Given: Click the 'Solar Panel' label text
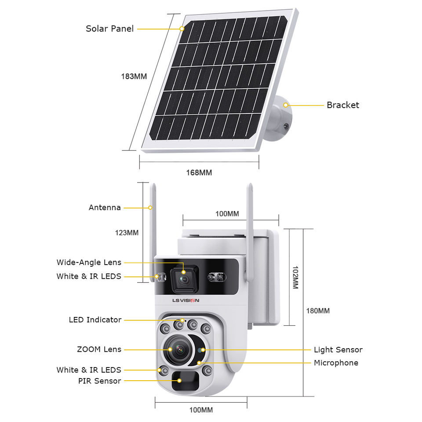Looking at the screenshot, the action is pyautogui.click(x=109, y=29).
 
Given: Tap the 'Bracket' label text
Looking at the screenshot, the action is pyautogui.click(x=342, y=105).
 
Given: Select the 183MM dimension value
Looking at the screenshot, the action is pyautogui.click(x=134, y=76).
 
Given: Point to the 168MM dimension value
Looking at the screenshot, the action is pyautogui.click(x=199, y=173).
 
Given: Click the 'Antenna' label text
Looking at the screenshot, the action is pyautogui.click(x=105, y=207).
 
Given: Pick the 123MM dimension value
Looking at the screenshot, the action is pyautogui.click(x=127, y=233).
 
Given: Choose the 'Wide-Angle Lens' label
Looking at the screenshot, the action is pyautogui.click(x=89, y=263).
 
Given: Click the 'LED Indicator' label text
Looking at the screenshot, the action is pyautogui.click(x=95, y=320).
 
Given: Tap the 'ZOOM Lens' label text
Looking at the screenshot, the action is pyautogui.click(x=99, y=350).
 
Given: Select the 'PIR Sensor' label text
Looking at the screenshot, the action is pyautogui.click(x=99, y=381).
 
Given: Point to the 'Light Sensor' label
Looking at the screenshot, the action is pyautogui.click(x=338, y=350).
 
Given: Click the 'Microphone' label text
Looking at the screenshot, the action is pyautogui.click(x=336, y=363).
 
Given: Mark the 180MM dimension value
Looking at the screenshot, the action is pyautogui.click(x=317, y=311).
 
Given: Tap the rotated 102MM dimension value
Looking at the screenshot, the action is pyautogui.click(x=295, y=277).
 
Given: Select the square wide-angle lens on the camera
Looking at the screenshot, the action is pyautogui.click(x=184, y=279).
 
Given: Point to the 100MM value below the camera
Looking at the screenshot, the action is pyautogui.click(x=201, y=410).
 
